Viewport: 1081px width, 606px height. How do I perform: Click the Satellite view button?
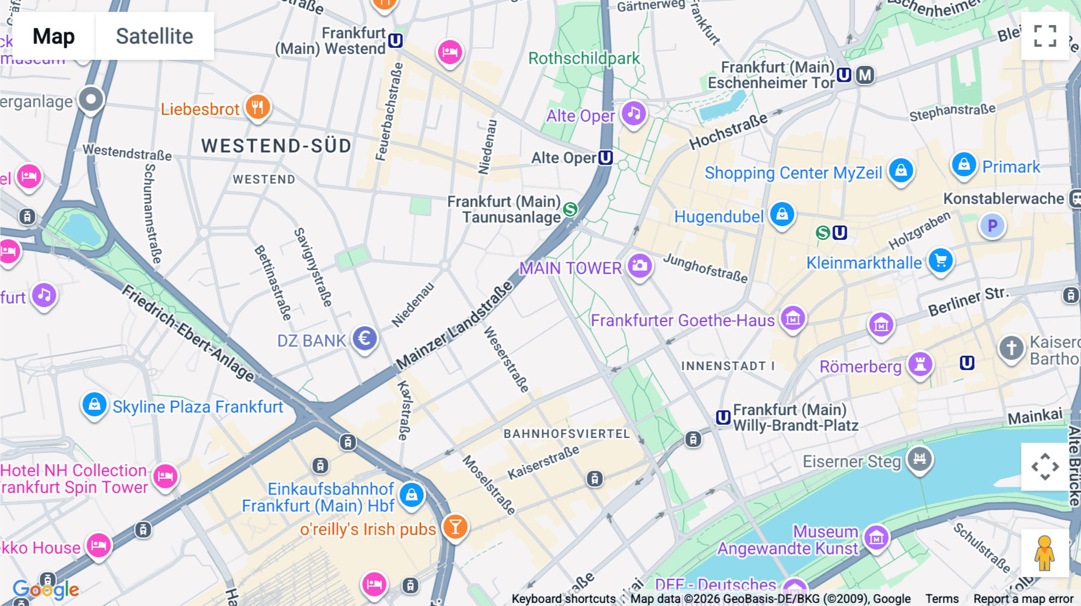point(154,36)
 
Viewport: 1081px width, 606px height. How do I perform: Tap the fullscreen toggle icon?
point(1045,36)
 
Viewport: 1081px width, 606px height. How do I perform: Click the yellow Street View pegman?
point(1044,553)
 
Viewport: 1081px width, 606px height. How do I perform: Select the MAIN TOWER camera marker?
point(640,265)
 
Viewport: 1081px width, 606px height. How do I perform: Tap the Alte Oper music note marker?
point(634,113)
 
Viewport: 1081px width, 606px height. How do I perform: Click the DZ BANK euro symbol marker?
point(365,338)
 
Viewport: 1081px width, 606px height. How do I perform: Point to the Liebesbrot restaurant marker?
point(258,107)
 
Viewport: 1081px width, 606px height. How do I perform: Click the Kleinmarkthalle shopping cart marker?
point(940,260)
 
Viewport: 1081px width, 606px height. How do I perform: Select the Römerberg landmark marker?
point(920,364)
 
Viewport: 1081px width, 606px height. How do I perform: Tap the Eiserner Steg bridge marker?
point(919,459)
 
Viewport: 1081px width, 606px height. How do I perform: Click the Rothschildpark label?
point(584,58)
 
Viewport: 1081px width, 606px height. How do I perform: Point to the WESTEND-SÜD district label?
point(276,146)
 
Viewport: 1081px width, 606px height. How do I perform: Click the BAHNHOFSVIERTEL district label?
point(566,434)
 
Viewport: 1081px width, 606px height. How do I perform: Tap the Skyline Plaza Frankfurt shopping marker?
point(94,404)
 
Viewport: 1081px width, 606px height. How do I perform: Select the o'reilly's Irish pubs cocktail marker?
point(455,527)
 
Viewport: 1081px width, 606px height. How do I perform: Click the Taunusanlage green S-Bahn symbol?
point(570,209)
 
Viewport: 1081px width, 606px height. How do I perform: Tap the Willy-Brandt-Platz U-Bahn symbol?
point(723,417)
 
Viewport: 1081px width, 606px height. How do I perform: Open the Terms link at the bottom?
point(942,598)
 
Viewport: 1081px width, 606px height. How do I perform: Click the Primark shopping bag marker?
point(964,164)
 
